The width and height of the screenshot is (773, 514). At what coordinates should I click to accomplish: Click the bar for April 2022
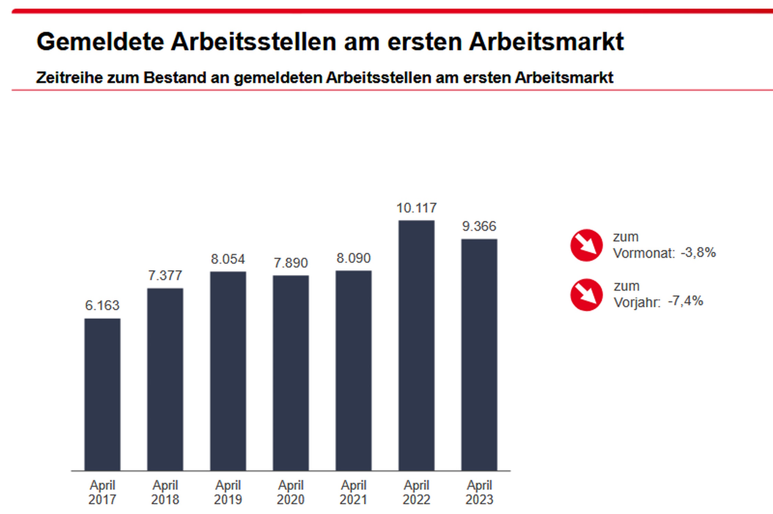pyautogui.click(x=416, y=345)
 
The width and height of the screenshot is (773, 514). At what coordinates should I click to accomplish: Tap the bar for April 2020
pyautogui.click(x=291, y=373)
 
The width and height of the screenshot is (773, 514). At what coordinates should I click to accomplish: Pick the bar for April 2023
pyautogui.click(x=479, y=354)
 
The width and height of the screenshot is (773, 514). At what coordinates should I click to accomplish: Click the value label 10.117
pyautogui.click(x=416, y=208)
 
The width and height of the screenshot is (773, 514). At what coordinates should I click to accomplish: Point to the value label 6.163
pyautogui.click(x=102, y=306)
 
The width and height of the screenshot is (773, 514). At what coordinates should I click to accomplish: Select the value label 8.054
pyautogui.click(x=228, y=259)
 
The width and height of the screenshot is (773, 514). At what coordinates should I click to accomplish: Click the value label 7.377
pyautogui.click(x=165, y=276)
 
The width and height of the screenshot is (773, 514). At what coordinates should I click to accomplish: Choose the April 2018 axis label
pyautogui.click(x=165, y=492)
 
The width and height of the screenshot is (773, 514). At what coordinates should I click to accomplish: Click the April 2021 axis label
pyautogui.click(x=354, y=492)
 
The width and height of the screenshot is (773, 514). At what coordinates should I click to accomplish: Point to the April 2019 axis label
pyautogui.click(x=228, y=492)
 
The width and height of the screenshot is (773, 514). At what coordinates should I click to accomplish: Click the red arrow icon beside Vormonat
pyautogui.click(x=586, y=245)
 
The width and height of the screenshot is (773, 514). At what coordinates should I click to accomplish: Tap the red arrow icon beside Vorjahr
pyautogui.click(x=586, y=295)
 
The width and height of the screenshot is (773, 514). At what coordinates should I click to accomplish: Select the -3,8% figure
pyautogui.click(x=698, y=253)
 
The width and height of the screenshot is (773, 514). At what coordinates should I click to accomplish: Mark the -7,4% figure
pyautogui.click(x=686, y=301)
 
